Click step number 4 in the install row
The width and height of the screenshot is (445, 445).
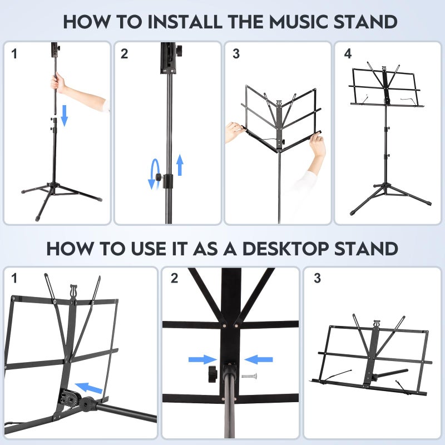click(x=348, y=54)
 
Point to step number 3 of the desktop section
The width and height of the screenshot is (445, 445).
click(x=317, y=279)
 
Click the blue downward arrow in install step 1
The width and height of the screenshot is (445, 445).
click(x=64, y=115)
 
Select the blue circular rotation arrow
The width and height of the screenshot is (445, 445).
click(x=154, y=175)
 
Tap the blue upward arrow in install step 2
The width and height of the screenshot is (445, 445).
click(x=180, y=165)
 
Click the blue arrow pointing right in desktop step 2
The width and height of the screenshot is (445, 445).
click(x=202, y=360)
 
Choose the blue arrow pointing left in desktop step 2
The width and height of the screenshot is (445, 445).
click(x=259, y=360)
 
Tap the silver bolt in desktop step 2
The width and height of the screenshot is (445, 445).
click(x=249, y=376)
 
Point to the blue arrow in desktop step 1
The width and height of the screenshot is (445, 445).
click(x=89, y=387)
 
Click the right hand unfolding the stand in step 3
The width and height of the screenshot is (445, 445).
click(x=318, y=146)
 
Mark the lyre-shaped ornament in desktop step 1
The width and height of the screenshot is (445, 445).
click(x=73, y=291)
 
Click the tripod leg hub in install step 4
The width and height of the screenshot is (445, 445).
click(x=385, y=186)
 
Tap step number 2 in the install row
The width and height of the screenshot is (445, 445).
click(x=125, y=54)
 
